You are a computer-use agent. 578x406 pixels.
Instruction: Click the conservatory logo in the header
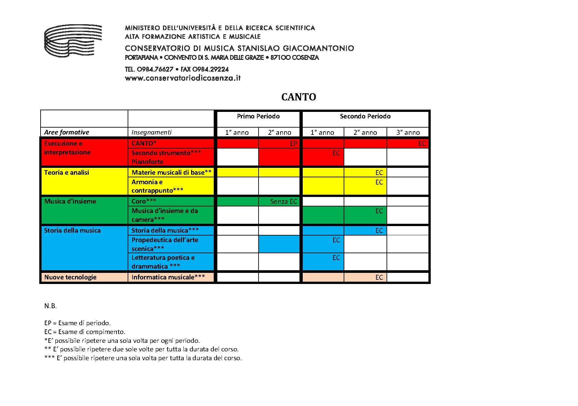pos(73,40)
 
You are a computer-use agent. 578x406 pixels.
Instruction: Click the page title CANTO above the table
pos(298,97)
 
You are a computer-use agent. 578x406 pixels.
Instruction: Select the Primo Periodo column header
pos(258,116)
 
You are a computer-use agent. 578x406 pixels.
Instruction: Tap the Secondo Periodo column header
pos(365,116)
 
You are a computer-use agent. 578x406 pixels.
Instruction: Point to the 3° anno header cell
pos(408,132)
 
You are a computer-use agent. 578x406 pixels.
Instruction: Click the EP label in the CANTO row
pos(293,143)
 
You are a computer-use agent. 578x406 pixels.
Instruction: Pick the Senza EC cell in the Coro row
pos(283,202)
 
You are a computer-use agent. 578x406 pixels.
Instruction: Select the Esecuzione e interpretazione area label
pos(67,148)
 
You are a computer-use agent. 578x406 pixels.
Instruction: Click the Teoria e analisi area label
pos(66,172)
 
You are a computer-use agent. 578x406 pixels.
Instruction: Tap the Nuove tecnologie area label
pos(70,277)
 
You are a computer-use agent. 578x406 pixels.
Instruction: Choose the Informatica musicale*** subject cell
pos(168,277)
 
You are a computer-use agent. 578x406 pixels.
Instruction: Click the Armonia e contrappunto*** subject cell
pos(157,186)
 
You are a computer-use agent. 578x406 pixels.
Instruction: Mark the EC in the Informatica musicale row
pos(379,277)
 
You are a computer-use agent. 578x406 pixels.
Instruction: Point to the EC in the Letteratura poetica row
pos(336,258)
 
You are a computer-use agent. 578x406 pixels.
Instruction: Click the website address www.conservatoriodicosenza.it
pos(183,78)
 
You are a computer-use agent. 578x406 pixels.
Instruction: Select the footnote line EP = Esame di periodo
pos(77,323)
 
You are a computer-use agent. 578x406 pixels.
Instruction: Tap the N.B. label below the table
pos(50,306)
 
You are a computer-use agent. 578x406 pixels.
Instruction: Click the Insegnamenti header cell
pos(152,132)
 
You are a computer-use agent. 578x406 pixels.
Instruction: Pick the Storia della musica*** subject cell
pos(165,230)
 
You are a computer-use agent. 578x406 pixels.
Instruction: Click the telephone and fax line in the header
pos(177,69)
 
